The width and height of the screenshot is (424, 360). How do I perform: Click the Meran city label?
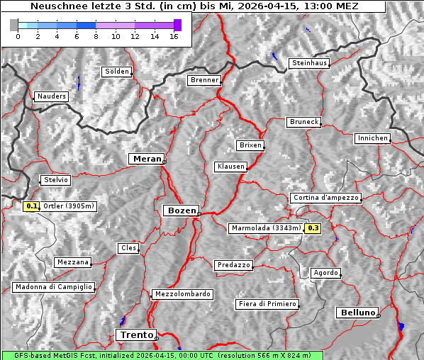(x=146, y=159)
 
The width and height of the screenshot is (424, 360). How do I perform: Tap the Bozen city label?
(x=180, y=210)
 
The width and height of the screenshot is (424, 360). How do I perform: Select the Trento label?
(x=135, y=334)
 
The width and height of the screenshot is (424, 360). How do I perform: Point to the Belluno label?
(x=357, y=312)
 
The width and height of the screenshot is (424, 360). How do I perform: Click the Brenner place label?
(x=204, y=81)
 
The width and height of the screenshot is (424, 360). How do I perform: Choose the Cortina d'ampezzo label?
(x=325, y=198)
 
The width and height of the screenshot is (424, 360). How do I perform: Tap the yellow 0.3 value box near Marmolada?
(x=313, y=228)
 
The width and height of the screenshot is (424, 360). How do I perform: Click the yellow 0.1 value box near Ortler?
(x=30, y=206)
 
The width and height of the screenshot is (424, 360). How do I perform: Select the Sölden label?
(x=117, y=72)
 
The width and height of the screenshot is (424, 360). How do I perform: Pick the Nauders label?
(x=50, y=96)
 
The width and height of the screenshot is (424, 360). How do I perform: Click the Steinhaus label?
(x=310, y=64)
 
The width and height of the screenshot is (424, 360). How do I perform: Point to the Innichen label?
(x=372, y=138)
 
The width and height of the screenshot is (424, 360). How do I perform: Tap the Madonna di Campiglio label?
(x=53, y=287)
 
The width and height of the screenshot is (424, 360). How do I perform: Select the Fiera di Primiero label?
(x=267, y=304)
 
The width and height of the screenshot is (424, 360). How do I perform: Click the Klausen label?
(x=230, y=167)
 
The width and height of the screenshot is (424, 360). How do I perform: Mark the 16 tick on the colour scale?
(x=174, y=35)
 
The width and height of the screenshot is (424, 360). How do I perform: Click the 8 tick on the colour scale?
(x=96, y=35)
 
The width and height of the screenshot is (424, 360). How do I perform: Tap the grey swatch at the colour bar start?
(x=13, y=25)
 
